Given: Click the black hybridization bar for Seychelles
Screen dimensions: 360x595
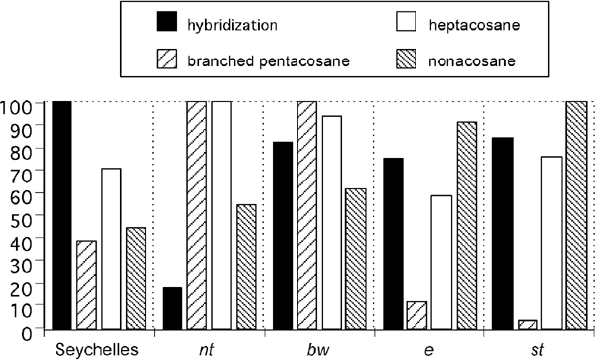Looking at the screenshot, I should [61, 214].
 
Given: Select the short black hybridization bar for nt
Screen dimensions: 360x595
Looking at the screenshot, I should [173, 307].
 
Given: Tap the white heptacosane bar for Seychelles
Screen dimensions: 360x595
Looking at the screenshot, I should [113, 248].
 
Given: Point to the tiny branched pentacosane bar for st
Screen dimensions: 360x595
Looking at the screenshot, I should [529, 323].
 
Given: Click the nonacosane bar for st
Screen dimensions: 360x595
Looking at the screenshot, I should [577, 214].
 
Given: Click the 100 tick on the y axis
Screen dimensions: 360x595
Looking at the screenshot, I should [22, 103].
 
